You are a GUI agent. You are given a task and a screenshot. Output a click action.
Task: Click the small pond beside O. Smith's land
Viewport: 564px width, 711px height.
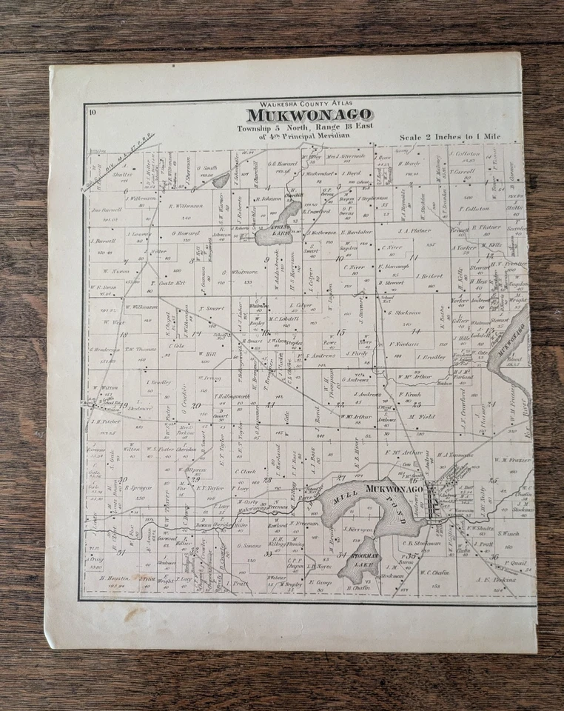[x=221, y=180]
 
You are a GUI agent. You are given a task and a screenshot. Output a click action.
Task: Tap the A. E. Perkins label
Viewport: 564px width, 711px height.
[x=494, y=578]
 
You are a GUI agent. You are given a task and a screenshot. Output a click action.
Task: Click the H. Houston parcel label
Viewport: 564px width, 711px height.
[x=106, y=578]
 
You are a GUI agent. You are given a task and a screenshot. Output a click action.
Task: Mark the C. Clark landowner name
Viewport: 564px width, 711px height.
[x=245, y=471]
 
